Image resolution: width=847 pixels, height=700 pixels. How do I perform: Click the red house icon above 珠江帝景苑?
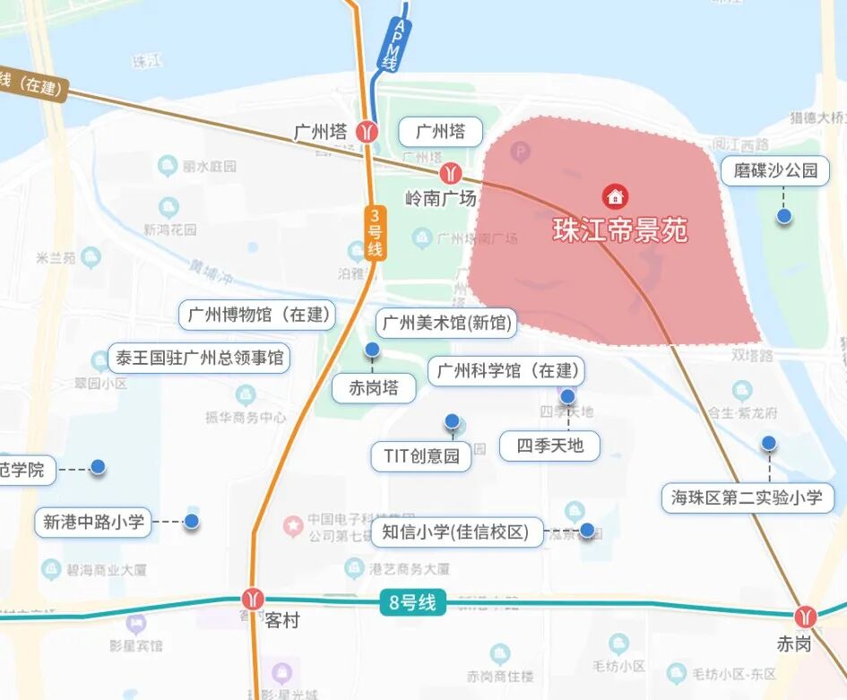(x=615, y=194)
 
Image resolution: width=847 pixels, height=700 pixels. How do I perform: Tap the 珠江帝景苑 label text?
(x=620, y=230)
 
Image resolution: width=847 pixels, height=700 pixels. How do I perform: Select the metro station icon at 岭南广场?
(x=451, y=172)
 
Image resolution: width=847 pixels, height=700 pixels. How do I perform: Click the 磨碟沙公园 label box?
(x=776, y=170)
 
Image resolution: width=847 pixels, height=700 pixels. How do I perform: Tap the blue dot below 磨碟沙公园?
(x=784, y=216)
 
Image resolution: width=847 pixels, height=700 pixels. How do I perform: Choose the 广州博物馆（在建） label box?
(x=257, y=315)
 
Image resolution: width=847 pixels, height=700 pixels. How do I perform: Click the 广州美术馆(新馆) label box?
(x=445, y=323)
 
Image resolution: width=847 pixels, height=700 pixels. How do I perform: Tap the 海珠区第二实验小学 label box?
(x=748, y=497)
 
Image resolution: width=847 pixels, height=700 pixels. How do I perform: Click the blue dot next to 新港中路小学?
(x=191, y=521)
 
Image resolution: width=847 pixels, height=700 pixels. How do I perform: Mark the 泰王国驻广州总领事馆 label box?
(x=198, y=359)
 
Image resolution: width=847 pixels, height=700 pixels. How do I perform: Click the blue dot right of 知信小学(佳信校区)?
(x=587, y=531)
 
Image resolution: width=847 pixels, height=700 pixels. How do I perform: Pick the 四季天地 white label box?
(x=550, y=445)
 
